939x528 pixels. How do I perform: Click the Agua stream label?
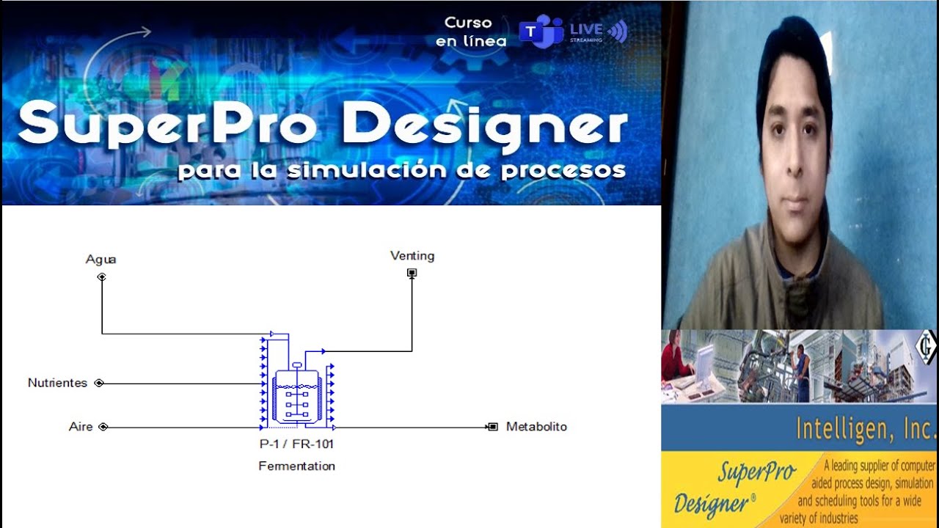(x=101, y=259)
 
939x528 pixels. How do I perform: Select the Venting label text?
(x=412, y=256)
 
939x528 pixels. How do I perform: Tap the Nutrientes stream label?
(x=57, y=383)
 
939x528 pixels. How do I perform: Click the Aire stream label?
(x=81, y=426)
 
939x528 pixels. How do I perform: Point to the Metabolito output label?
(x=536, y=426)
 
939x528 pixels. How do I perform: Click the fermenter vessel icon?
(x=296, y=397)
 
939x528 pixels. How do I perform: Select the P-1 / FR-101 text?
(x=296, y=444)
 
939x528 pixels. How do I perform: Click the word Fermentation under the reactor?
(x=296, y=466)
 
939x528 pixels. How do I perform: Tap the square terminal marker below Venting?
(x=412, y=273)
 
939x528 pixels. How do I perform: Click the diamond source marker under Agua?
(x=101, y=276)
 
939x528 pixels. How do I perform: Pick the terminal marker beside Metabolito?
(x=493, y=427)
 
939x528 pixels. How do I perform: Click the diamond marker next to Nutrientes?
(x=99, y=383)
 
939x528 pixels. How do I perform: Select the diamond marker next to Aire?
(x=103, y=427)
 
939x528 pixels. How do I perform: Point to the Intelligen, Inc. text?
(x=866, y=428)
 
